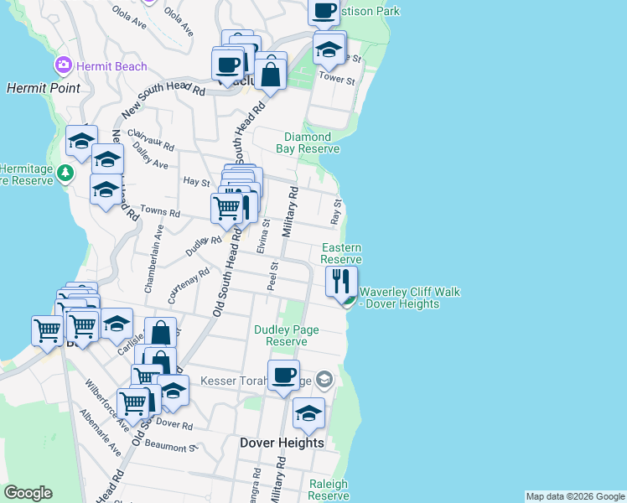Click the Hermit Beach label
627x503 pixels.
111,66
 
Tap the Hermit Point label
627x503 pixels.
44,87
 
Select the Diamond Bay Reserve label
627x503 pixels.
308,143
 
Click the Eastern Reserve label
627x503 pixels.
341,253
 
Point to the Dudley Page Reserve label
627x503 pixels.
287,335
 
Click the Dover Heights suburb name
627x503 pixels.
282,443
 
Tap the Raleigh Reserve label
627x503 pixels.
328,490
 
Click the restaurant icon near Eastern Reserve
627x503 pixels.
341,281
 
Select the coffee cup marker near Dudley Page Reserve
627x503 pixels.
283,375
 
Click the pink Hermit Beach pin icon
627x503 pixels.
63,65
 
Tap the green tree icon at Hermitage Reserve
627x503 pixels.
65,173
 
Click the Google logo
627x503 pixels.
28,493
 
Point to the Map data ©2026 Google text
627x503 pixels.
575,496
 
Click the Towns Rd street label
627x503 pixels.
160,212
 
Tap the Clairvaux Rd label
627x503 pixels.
151,139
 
